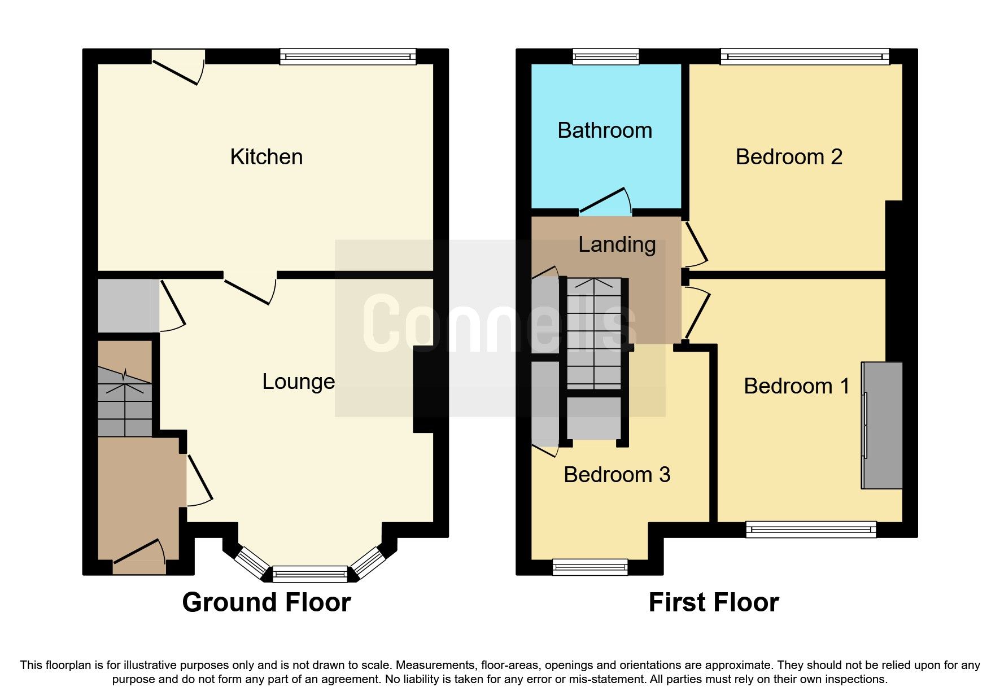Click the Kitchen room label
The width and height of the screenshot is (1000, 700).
coord(266,157)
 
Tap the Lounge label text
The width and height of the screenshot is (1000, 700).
coord(298,382)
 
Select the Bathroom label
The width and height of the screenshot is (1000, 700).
coord(605,130)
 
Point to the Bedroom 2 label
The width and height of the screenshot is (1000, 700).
coord(789,157)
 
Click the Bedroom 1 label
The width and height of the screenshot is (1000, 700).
coord(796,386)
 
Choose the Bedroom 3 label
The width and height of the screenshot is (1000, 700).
coord(617,475)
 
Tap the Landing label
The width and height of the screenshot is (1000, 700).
coord(617,244)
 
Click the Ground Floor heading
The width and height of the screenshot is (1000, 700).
coord(266,602)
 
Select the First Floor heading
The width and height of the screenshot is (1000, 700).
coord(714,602)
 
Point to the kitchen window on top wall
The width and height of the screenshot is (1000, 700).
coord(348,56)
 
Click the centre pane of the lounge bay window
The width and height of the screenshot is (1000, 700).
coord(310,574)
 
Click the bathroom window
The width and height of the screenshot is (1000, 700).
coord(606,56)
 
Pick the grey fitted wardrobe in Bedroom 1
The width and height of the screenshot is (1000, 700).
coord(882,425)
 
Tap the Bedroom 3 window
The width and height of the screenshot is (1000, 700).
coord(589,567)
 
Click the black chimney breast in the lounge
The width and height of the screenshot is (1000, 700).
coord(423,389)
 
